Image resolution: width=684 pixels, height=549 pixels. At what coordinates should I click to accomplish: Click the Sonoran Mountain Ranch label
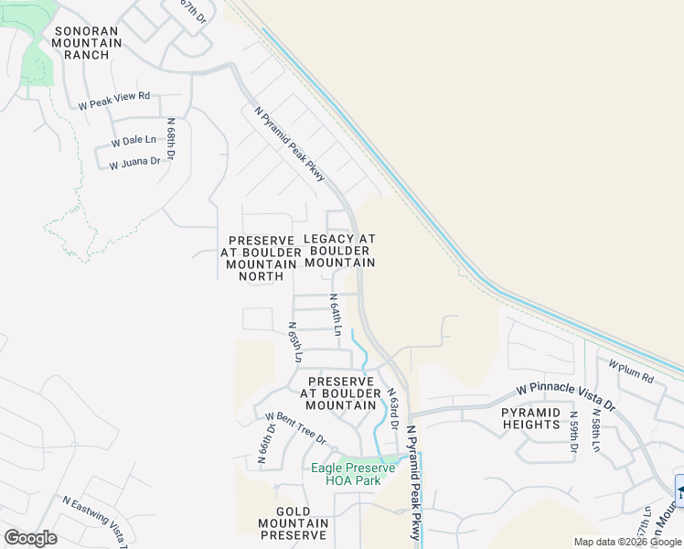coord(87,42)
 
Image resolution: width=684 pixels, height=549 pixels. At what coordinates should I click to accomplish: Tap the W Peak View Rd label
coord(113,101)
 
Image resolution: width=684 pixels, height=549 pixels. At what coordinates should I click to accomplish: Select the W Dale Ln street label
coord(134,142)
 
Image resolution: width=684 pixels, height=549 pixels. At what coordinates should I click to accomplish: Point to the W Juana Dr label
coord(134,164)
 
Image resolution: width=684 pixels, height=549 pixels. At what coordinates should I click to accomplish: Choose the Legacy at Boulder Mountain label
coord(339,250)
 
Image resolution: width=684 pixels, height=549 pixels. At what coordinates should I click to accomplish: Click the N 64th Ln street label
coord(336,314)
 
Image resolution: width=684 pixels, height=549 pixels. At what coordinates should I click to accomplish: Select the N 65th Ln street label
coord(294,341)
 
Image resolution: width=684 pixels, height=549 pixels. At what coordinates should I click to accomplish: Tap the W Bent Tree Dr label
coord(295,428)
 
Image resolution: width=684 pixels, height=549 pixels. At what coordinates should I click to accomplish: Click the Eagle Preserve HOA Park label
coord(353,474)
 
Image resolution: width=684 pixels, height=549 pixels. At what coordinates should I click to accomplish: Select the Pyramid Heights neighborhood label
coord(530,418)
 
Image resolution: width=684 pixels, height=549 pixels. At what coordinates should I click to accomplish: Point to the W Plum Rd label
coord(632,371)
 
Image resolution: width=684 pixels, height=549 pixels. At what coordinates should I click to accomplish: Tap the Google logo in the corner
coord(30,538)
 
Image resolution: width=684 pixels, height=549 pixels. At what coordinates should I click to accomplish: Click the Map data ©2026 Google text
coord(628,542)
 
